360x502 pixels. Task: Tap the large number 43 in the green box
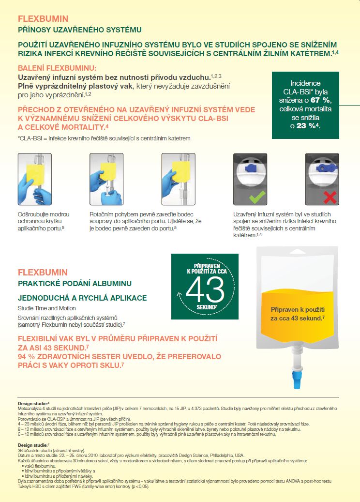[205, 290]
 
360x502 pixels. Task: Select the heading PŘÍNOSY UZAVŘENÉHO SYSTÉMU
[79, 30]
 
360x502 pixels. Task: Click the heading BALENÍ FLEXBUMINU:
[57, 68]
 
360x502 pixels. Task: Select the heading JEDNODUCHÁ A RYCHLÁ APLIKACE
[82, 298]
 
